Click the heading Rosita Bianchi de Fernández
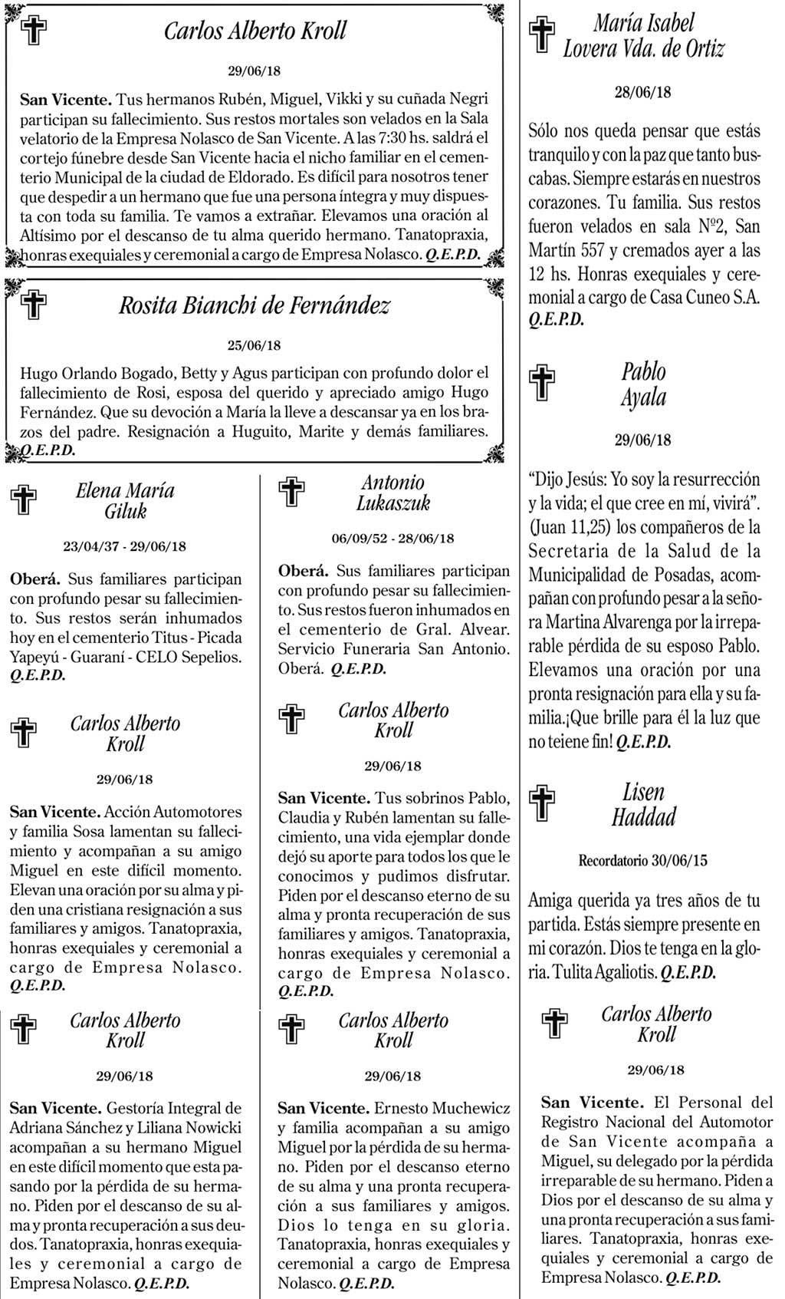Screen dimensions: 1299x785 [254, 306]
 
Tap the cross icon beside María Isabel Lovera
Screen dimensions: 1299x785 [542, 35]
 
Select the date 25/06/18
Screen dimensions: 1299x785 [255, 345]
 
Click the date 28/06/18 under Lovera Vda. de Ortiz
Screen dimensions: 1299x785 [642, 93]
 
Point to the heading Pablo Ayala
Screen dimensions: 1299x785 [643, 384]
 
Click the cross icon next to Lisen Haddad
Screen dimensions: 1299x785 [542, 803]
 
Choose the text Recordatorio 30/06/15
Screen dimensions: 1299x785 [642, 861]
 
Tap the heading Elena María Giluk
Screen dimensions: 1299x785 [125, 501]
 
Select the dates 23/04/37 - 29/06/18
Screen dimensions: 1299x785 [124, 547]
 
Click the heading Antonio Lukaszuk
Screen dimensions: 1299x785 [393, 493]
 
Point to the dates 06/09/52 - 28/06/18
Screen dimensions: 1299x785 [392, 539]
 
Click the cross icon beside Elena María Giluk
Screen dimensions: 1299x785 [24, 499]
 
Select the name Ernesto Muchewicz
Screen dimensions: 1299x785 [442, 1108]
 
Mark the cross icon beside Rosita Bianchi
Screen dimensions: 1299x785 [33, 305]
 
